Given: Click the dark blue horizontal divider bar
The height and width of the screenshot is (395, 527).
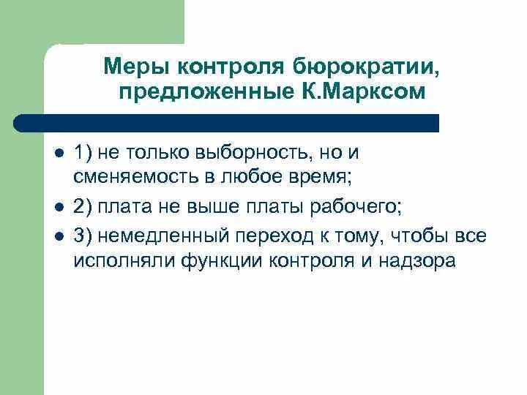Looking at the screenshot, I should coord(227,123).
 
